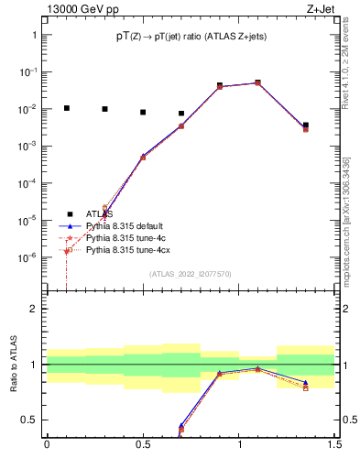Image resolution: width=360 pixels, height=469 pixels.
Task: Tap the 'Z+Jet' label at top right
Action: pyautogui.click(x=325, y=10)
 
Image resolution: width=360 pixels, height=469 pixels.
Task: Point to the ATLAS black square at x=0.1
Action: pyautogui.click(x=65, y=108)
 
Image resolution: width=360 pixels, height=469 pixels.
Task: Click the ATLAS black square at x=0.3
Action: pyautogui.click(x=104, y=109)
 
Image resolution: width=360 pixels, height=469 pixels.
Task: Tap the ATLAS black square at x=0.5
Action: pyautogui.click(x=143, y=113)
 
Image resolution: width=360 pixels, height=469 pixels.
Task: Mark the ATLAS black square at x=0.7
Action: pyautogui.click(x=181, y=114)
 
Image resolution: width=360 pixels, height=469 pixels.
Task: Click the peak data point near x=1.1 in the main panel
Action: pyautogui.click(x=258, y=82)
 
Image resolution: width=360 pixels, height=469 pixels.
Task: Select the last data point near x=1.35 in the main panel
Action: pyautogui.click(x=306, y=125)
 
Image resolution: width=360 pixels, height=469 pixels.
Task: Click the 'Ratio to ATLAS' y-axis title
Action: pyautogui.click(x=14, y=365)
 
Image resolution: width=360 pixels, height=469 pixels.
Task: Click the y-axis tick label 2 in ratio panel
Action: pyautogui.click(x=34, y=309)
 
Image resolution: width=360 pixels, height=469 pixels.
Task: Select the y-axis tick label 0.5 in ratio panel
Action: pyautogui.click(x=29, y=420)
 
